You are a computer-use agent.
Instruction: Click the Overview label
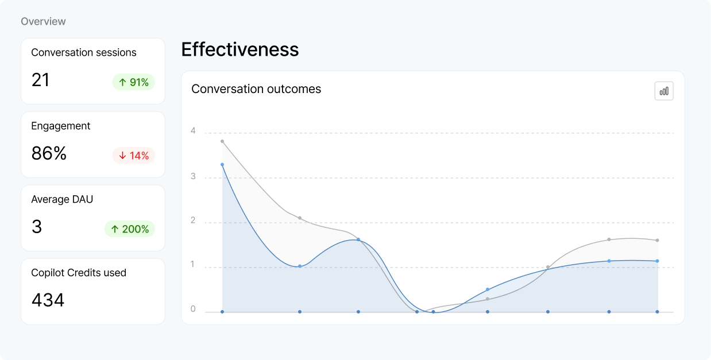tap(43, 21)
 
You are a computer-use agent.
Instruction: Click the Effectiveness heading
tap(239, 49)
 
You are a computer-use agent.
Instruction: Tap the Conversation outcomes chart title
tap(256, 89)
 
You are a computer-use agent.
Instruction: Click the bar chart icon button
tap(664, 91)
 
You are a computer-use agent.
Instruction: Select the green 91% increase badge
tap(133, 82)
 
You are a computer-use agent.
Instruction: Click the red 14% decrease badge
tap(133, 156)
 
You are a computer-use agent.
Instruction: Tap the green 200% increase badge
tap(129, 229)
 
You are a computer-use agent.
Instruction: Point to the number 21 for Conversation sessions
tap(40, 80)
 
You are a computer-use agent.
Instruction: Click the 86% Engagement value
tap(49, 153)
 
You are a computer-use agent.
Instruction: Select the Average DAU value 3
tap(37, 227)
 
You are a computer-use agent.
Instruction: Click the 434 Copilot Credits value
tap(48, 300)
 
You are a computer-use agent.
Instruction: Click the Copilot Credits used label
tap(79, 273)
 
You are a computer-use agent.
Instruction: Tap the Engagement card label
tap(61, 126)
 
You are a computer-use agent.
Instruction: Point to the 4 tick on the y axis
tap(193, 131)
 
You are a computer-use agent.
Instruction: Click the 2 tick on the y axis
tap(193, 220)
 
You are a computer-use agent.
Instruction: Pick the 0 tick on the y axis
tap(193, 309)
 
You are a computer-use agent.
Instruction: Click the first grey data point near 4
tap(222, 141)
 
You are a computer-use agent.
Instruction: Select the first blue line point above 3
tap(222, 165)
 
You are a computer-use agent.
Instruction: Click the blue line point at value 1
tap(300, 266)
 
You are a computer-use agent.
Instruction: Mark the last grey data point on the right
tap(657, 241)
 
